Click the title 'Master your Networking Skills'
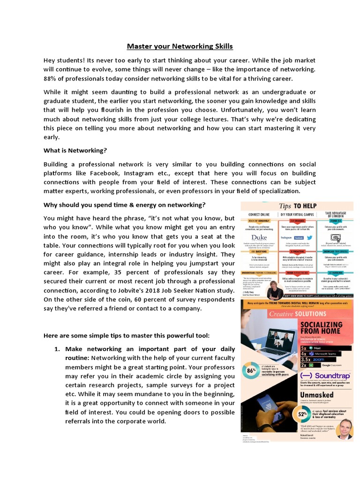180,46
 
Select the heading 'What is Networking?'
75,150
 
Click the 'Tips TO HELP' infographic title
298,206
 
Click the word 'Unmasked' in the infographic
317,395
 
